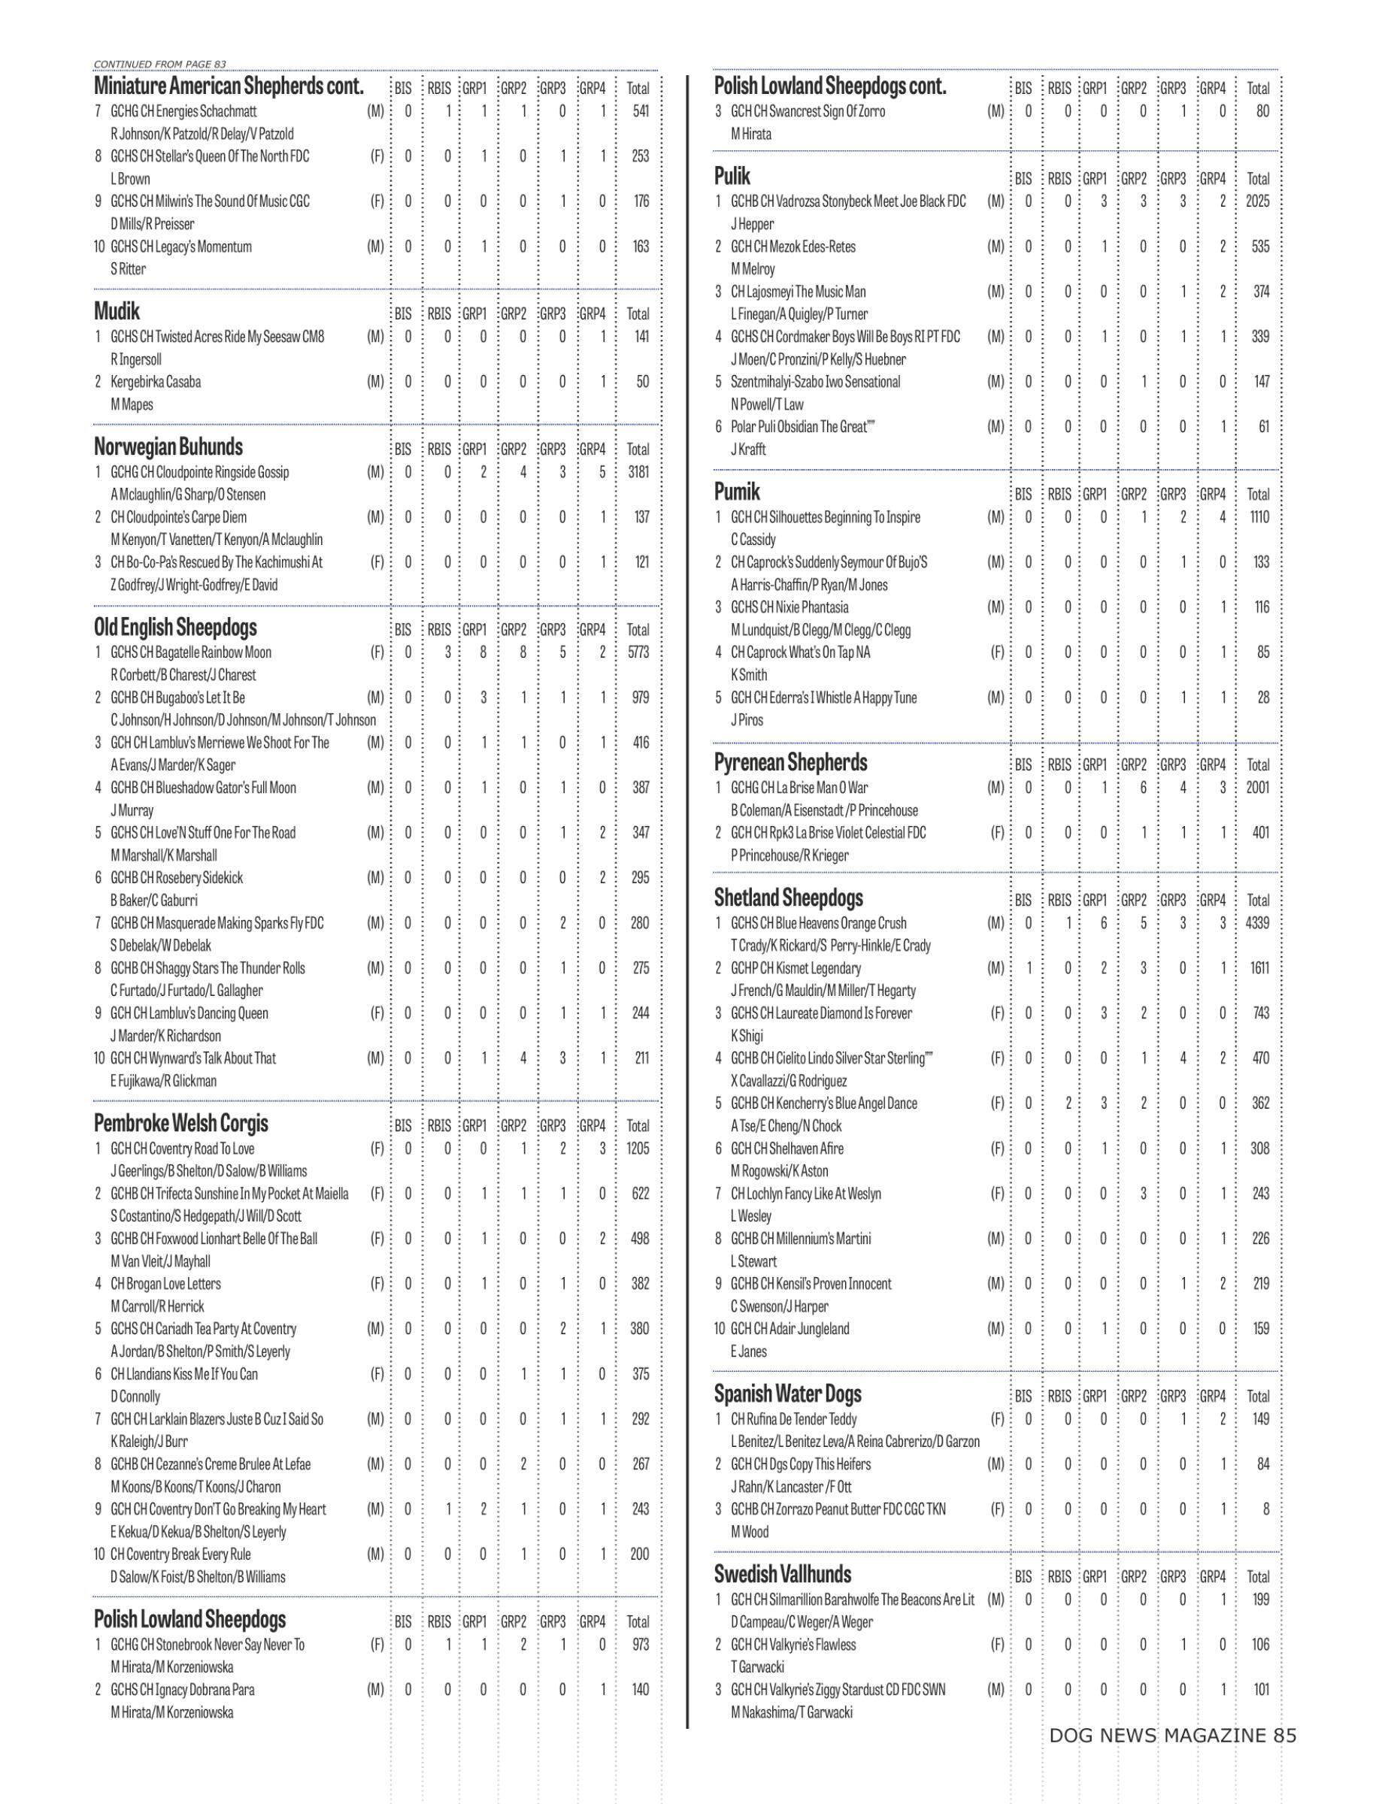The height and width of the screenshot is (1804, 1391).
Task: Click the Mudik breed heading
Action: [117, 312]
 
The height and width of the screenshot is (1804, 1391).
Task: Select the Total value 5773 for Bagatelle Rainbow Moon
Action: [638, 652]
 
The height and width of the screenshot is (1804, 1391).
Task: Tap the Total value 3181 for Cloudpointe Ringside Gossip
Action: [638, 473]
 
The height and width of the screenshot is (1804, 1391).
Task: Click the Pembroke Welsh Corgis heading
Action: [181, 1124]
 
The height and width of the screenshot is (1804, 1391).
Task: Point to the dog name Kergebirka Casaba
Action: [156, 383]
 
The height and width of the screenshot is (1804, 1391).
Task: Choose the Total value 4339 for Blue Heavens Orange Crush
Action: [1256, 924]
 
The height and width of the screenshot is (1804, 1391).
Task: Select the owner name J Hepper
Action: [752, 224]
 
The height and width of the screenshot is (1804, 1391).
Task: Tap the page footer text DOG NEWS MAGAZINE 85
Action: [1172, 1736]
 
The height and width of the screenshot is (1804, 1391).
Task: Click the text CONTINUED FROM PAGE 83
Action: [159, 64]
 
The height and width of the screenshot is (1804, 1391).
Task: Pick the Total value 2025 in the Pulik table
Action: [1257, 201]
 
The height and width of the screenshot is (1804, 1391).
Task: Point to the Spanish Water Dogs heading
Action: [787, 1394]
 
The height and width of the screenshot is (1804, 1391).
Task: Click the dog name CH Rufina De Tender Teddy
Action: [793, 1420]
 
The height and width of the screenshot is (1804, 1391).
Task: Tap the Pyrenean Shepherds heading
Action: [790, 762]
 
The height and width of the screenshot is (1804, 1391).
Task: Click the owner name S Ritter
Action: [128, 269]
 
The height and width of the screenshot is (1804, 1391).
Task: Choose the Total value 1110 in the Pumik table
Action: [1258, 518]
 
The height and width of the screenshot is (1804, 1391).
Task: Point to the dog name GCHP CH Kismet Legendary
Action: [796, 968]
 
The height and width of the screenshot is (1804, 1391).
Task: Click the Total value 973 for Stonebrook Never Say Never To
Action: [639, 1645]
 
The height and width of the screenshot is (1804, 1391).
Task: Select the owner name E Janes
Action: [748, 1352]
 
